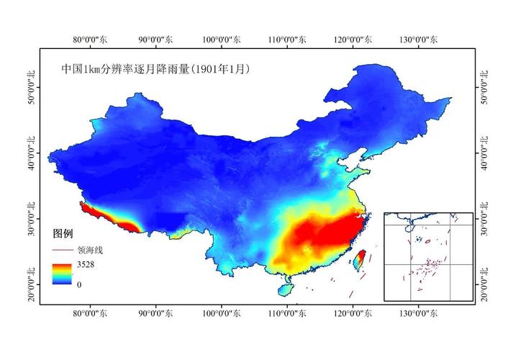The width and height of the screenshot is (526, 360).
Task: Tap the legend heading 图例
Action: tap(63, 234)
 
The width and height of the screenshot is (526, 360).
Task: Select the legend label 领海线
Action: tap(90, 250)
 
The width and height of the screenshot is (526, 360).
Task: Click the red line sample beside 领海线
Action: tap(63, 250)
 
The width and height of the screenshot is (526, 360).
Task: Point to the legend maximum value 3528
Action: tap(86, 264)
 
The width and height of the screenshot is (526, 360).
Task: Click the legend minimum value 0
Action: tap(78, 284)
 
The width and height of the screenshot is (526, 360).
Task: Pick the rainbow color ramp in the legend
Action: tap(63, 274)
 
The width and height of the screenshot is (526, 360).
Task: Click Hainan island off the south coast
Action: tap(286, 289)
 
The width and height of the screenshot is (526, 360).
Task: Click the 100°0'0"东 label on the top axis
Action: tap(222, 40)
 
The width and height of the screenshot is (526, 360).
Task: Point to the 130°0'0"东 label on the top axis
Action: tap(419, 40)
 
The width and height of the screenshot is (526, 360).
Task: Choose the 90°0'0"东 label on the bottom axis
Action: tap(156, 314)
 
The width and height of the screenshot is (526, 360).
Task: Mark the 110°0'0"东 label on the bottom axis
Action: tap(287, 314)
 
